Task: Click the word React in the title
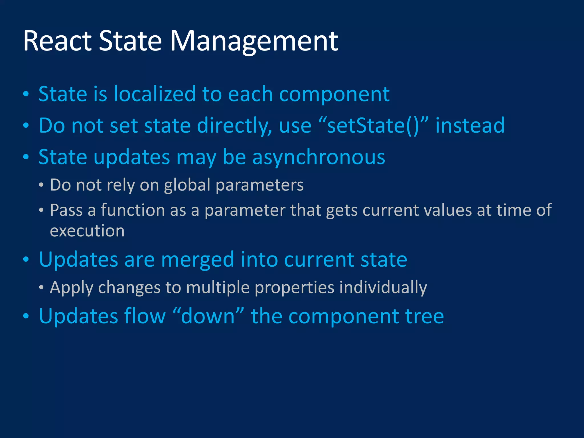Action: (57, 41)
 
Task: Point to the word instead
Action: (470, 126)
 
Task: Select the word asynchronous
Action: (319, 157)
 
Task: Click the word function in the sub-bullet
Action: (133, 210)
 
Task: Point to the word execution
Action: (87, 231)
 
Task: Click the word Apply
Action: (71, 288)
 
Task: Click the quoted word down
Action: (208, 317)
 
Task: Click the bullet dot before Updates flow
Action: (26, 316)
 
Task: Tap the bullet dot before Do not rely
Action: (41, 185)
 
